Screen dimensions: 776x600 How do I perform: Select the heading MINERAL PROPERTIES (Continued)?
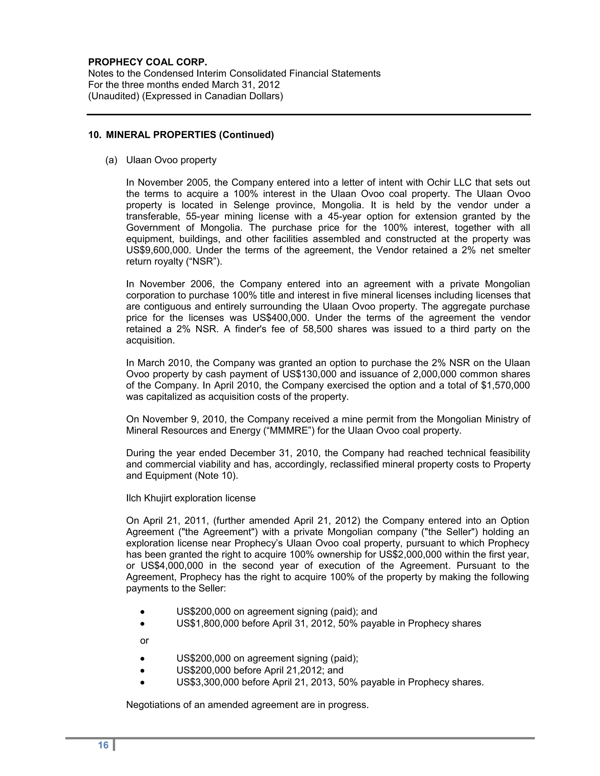(x=190, y=135)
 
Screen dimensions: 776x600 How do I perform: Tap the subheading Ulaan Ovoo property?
(x=171, y=160)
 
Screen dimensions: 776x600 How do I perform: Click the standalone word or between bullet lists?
(x=144, y=641)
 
